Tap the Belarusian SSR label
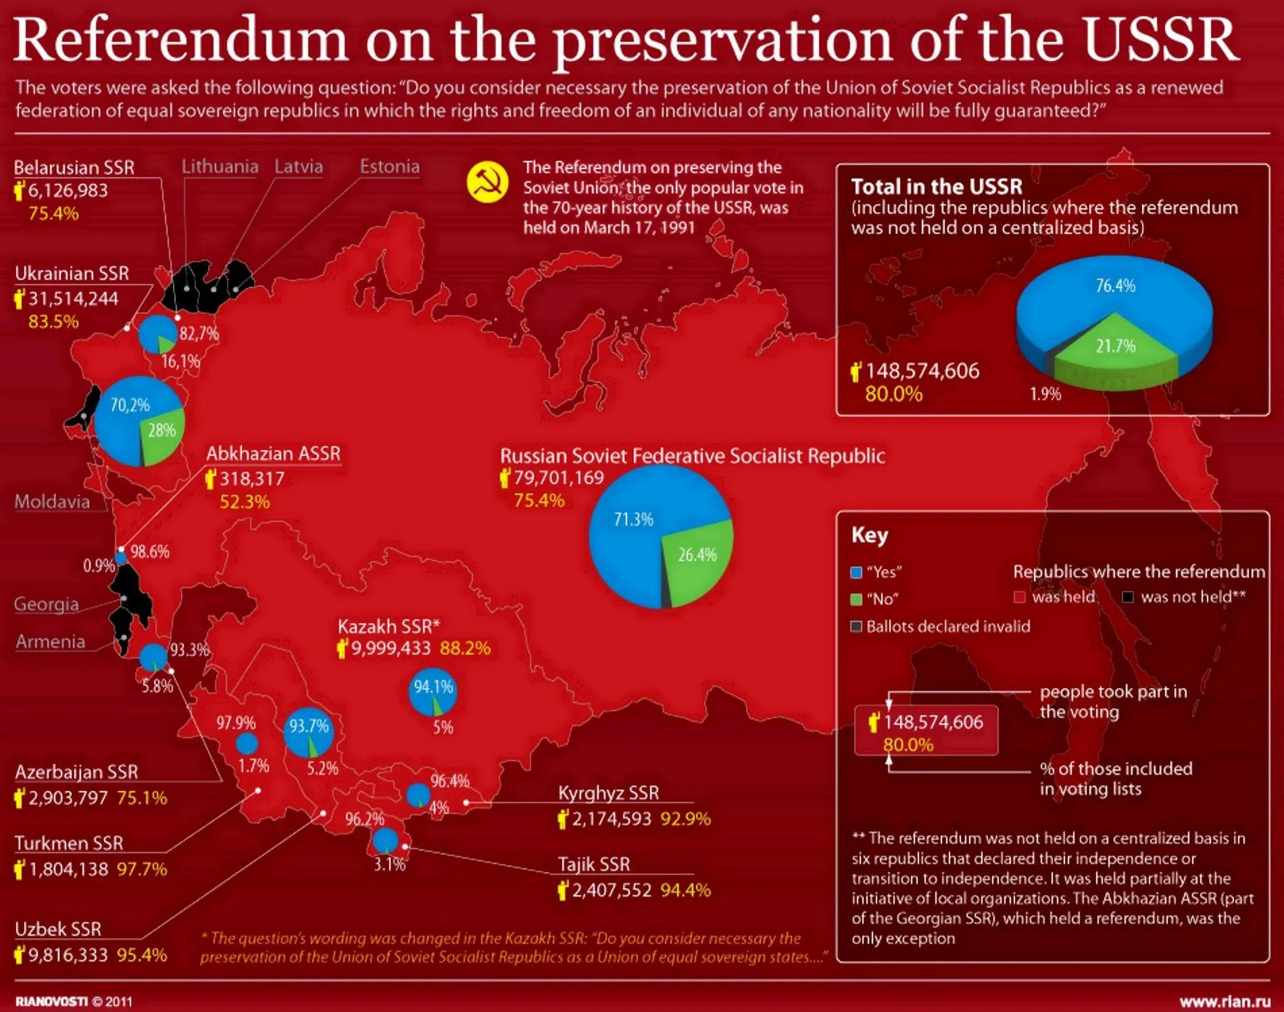74,167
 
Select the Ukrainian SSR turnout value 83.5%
53,322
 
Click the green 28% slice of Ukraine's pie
162,433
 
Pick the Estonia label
389,166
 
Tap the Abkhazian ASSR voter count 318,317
252,479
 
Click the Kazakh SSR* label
389,626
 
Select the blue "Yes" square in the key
856,573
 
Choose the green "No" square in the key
856,599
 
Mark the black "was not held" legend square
1127,597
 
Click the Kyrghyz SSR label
608,792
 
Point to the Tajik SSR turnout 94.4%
685,890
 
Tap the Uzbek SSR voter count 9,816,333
68,955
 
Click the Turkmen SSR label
69,843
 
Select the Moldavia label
52,502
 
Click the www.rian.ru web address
1225,1001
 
